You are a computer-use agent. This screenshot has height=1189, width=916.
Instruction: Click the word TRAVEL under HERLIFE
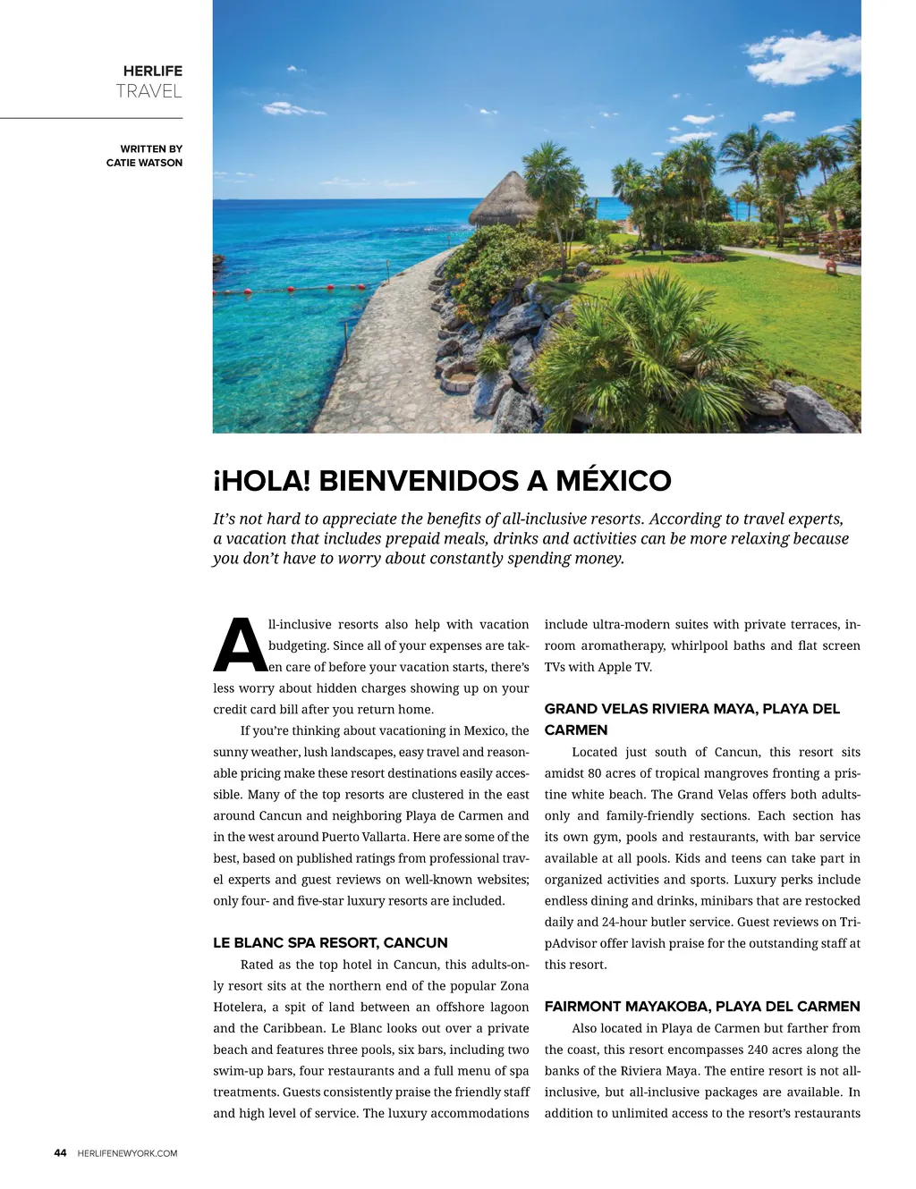click(x=148, y=91)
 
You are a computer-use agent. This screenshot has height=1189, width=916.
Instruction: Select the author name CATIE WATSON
click(x=144, y=163)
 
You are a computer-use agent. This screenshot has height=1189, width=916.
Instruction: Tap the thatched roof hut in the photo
click(x=500, y=198)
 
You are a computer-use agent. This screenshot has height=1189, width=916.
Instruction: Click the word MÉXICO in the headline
click(x=613, y=481)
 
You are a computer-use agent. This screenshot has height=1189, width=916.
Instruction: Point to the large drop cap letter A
click(x=240, y=645)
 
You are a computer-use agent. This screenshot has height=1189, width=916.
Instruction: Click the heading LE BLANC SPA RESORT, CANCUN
click(x=330, y=942)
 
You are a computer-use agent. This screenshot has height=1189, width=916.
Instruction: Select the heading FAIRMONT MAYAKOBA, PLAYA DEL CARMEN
click(x=702, y=1006)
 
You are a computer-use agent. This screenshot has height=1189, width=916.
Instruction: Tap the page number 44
click(x=60, y=1153)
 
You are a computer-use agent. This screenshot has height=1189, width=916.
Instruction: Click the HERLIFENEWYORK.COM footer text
click(x=127, y=1153)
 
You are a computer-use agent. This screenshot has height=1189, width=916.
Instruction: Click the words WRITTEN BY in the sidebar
click(x=151, y=148)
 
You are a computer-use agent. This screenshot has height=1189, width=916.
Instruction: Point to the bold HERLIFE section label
click(x=153, y=71)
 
